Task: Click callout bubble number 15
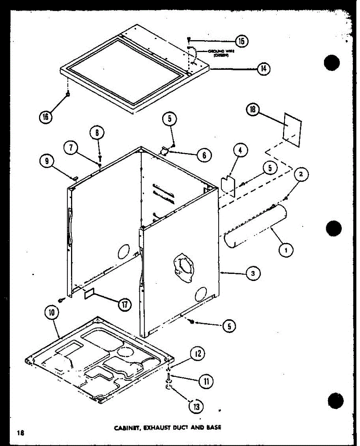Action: (x=242, y=41)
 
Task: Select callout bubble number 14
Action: (x=263, y=69)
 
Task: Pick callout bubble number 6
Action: (x=204, y=155)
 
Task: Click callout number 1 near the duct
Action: (x=286, y=251)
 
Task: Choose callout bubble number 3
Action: (x=253, y=274)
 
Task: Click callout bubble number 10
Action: (x=52, y=313)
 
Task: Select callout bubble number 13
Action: (x=196, y=407)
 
